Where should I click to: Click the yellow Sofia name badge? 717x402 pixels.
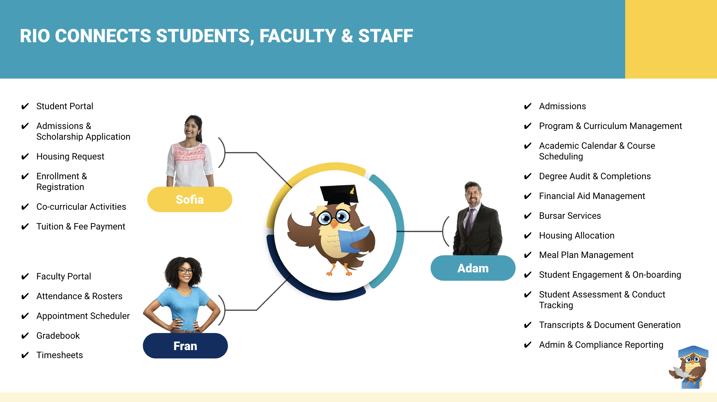190,200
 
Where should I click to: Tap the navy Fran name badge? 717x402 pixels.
185,346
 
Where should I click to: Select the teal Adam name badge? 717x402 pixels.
473,268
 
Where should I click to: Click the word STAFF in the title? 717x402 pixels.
386,36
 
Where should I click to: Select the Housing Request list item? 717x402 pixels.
70,156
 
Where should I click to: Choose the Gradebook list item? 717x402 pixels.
58,336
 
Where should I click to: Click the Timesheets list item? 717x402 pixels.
60,355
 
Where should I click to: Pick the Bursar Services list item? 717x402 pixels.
570,216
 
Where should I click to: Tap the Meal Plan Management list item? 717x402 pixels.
586,255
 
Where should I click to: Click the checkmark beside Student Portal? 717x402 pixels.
25,107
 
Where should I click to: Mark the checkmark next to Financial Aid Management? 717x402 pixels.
528,196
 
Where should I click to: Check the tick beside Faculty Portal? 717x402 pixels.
25,277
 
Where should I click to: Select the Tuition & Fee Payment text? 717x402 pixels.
81,226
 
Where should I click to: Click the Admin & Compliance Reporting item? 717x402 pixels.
601,345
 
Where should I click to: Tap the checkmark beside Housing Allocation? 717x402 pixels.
528,236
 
